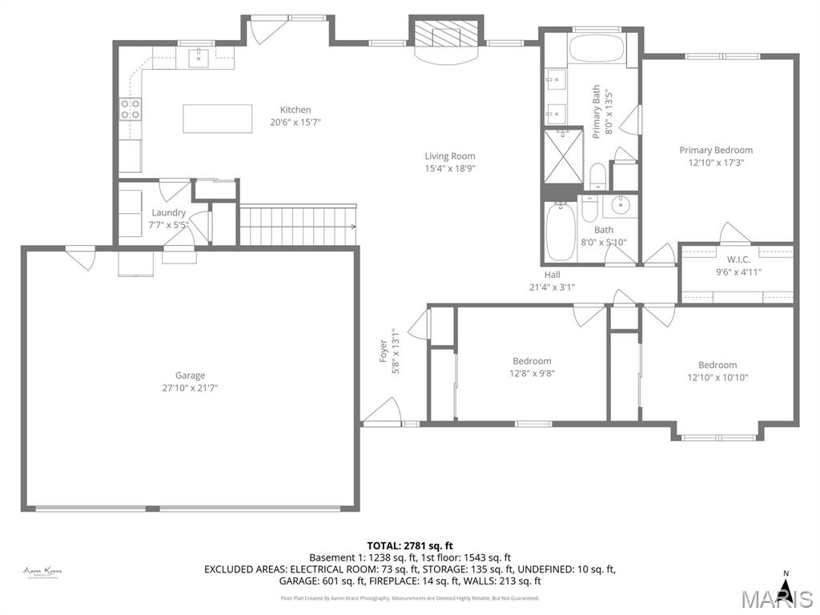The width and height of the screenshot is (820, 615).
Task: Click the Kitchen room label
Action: click(295, 111)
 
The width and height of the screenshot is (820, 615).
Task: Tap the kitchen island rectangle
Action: click(217, 119)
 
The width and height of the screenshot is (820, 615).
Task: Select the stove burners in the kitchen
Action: click(131, 109)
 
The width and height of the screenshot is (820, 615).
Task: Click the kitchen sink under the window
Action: click(199, 57)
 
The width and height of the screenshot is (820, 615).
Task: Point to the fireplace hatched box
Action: click(447, 34)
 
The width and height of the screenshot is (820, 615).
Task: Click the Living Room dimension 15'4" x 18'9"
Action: click(449, 169)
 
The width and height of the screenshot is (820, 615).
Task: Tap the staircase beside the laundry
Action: click(297, 225)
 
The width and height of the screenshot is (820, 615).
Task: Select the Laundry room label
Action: click(168, 213)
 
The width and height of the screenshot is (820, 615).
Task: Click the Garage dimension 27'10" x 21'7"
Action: click(191, 388)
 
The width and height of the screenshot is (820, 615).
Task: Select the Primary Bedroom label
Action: click(716, 151)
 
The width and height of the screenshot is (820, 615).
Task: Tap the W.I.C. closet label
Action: click(738, 259)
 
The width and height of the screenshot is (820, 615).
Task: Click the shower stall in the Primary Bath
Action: click(563, 155)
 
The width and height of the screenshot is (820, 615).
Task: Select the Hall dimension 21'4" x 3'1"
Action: click(552, 287)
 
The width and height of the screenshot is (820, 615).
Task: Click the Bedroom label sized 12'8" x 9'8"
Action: click(532, 361)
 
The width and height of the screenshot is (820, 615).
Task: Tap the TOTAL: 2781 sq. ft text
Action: click(410, 545)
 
